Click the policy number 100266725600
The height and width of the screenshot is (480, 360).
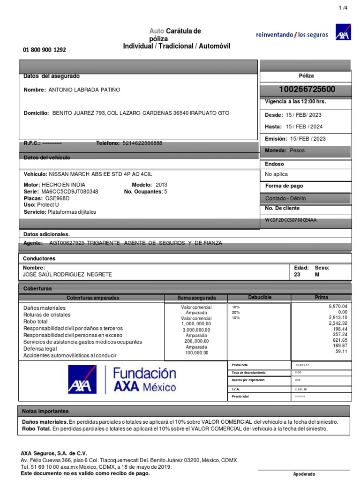tap(307, 90)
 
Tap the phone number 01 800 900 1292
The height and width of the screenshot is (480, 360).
tap(45, 50)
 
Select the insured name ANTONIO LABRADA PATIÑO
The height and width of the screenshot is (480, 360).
tap(84, 90)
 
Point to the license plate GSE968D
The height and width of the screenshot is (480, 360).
tap(58, 198)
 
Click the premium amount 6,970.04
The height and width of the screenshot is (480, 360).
tap(335, 306)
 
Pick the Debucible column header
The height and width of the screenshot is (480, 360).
tap(259, 298)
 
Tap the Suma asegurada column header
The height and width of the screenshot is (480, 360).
tap(196, 298)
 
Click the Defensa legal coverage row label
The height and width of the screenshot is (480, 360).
tap(40, 349)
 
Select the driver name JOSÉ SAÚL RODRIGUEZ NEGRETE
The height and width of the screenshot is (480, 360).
tap(68, 275)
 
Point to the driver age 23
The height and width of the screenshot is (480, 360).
tap(297, 275)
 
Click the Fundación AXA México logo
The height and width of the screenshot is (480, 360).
tap(122, 380)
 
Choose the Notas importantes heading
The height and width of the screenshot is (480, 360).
tap(45, 411)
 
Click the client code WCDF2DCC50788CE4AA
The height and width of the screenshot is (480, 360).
tap(291, 219)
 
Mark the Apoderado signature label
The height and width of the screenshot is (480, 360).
tap(304, 474)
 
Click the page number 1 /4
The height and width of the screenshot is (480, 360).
tap(343, 8)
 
